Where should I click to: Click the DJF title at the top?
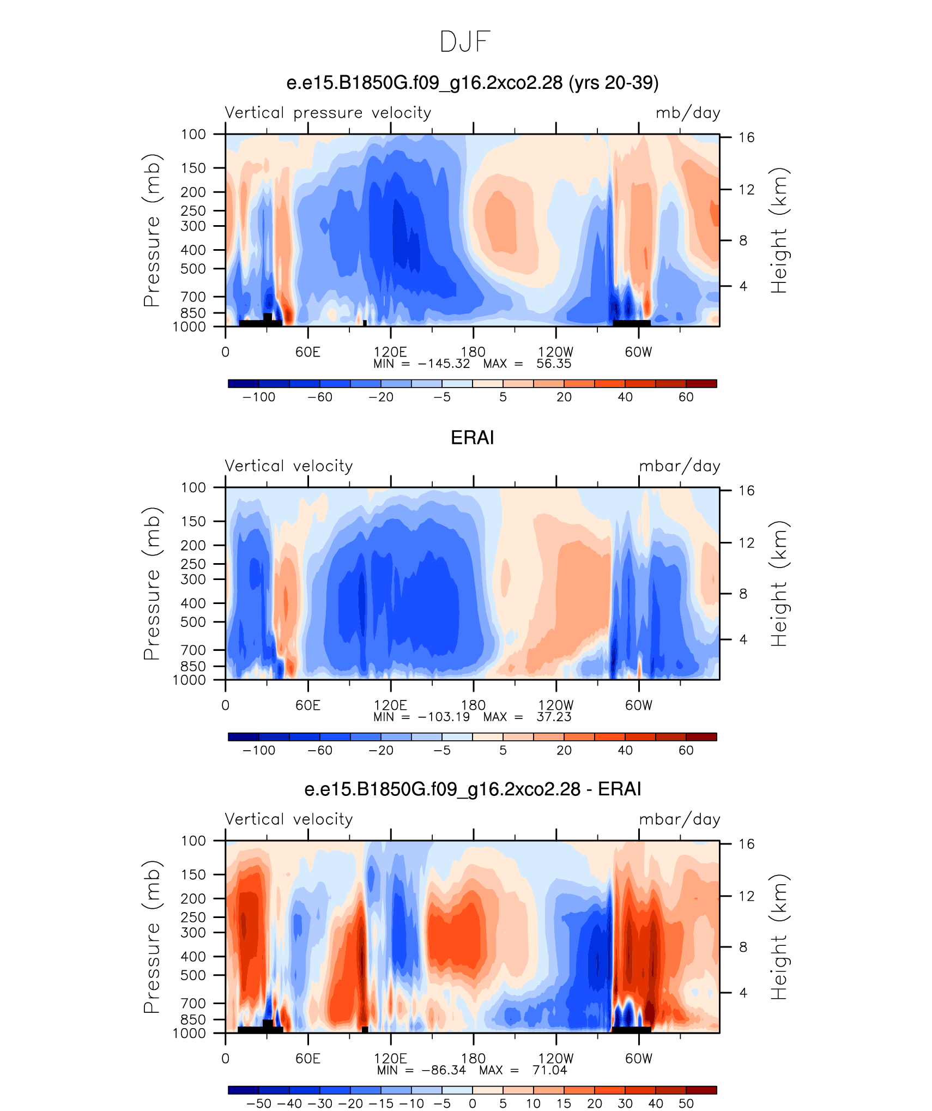coord(465,42)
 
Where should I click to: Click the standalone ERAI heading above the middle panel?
coord(473,438)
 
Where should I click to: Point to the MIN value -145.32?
coord(444,364)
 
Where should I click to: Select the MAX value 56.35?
coord(554,364)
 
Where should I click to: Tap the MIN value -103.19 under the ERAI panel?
coord(444,717)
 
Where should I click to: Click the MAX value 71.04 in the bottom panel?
coord(550,1070)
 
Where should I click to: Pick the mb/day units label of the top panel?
coord(688,113)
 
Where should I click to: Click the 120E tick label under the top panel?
coord(390,352)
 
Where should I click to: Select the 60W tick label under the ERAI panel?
coord(639,705)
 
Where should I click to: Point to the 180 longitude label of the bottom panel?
coord(473,1059)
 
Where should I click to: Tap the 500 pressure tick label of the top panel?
coord(193,269)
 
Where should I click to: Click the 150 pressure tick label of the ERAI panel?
coord(193,521)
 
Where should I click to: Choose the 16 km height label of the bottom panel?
coord(747,844)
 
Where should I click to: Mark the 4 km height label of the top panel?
coord(743,286)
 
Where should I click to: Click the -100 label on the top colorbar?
coord(259,397)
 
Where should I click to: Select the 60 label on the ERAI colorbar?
coord(686,750)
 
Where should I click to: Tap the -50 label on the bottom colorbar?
coord(259,1103)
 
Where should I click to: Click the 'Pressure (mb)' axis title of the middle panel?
coord(152,584)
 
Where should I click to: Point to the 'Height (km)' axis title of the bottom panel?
coord(779,937)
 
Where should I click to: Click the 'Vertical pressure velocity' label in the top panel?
coord(328,113)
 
